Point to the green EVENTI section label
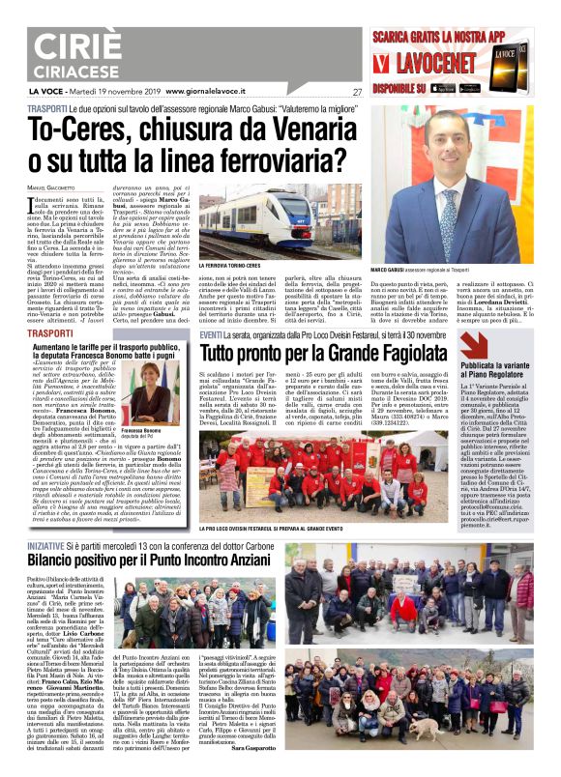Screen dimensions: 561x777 [211, 333]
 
